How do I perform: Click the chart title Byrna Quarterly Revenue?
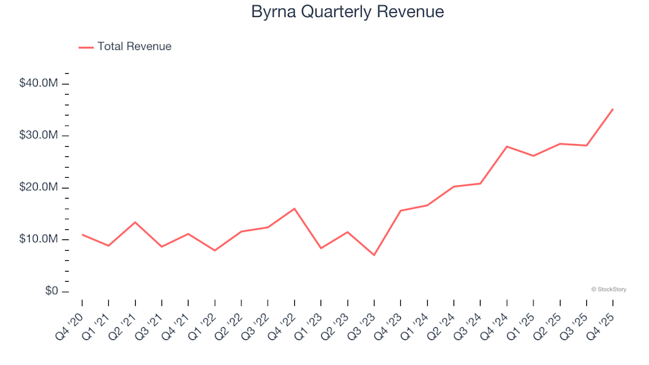point(347,11)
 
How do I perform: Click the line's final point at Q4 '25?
point(612,109)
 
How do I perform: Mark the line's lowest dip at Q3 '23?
point(374,255)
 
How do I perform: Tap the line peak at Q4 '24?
point(507,146)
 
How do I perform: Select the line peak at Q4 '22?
point(294,208)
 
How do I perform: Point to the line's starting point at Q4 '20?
point(82,235)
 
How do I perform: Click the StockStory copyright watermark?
point(608,289)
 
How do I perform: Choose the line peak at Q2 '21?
point(135,222)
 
